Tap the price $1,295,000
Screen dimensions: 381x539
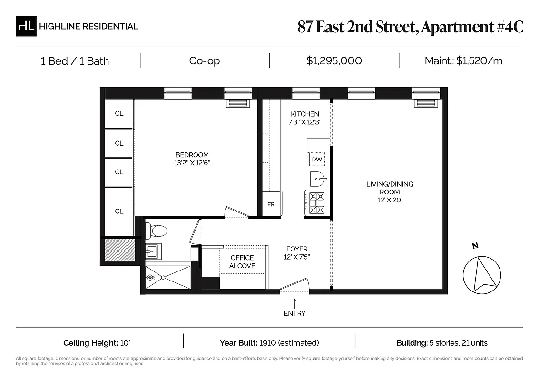pyautogui.click(x=334, y=61)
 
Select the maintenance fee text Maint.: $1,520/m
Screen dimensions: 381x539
pyautogui.click(x=463, y=61)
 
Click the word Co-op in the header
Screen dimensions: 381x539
pyautogui.click(x=205, y=61)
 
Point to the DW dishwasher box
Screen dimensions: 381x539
pyautogui.click(x=317, y=160)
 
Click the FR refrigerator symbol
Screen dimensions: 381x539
pyautogui.click(x=271, y=204)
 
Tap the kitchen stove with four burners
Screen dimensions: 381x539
pyautogui.click(x=317, y=202)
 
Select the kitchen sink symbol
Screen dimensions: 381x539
pyautogui.click(x=318, y=180)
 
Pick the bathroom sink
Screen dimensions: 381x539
pyautogui.click(x=153, y=250)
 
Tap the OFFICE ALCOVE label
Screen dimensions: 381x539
pyautogui.click(x=242, y=262)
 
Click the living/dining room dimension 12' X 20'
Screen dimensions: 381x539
pyautogui.click(x=389, y=201)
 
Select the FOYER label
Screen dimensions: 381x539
pyautogui.click(x=297, y=249)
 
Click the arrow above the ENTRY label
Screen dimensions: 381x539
pyautogui.click(x=295, y=302)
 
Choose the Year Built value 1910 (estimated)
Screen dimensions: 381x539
pyautogui.click(x=289, y=343)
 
